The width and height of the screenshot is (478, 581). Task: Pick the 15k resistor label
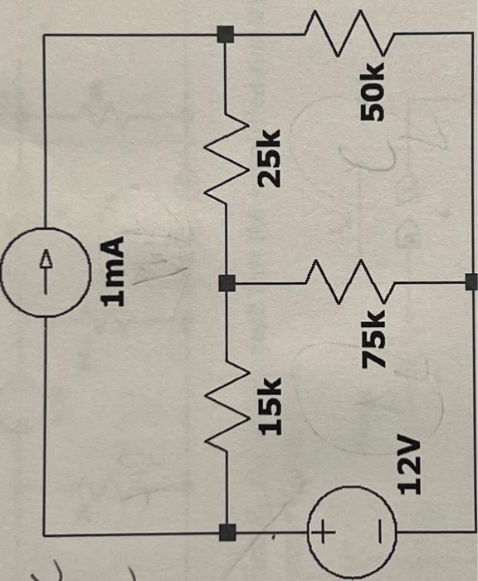[269, 407]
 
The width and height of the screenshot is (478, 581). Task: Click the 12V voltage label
[407, 469]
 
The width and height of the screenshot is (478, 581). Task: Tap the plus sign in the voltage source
[323, 529]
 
